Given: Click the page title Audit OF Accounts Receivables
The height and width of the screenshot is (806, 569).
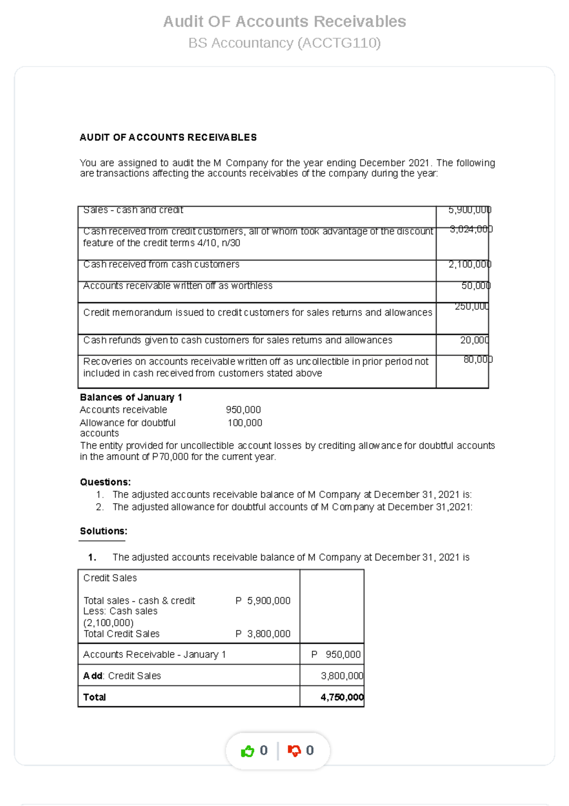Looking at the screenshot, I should (x=284, y=21).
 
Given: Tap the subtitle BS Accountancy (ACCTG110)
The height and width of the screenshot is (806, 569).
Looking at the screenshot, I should (x=284, y=43).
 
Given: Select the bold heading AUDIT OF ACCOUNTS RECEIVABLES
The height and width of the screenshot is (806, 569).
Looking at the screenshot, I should (x=168, y=138).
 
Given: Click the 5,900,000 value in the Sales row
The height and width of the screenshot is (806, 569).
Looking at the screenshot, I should (x=469, y=210).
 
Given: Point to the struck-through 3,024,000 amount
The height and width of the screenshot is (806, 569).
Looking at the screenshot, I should (x=471, y=229).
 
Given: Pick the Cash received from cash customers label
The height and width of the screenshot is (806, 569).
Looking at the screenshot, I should (x=161, y=264).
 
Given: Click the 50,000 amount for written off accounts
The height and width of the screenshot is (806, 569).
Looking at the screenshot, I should (x=476, y=286).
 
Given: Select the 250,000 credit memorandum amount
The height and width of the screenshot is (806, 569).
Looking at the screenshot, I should (x=471, y=307).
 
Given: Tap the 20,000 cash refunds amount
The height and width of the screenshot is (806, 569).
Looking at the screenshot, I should (x=474, y=340).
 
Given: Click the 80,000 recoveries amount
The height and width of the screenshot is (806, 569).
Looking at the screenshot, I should (x=477, y=360).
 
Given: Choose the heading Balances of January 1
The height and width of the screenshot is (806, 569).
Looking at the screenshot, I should (x=131, y=397).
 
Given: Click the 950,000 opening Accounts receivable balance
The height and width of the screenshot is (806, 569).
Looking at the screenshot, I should (x=243, y=410).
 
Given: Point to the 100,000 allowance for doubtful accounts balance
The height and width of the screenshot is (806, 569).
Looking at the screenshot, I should (x=245, y=423).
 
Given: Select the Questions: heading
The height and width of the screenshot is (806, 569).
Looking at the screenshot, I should (x=105, y=482).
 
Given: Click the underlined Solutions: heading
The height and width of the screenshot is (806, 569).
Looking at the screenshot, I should (x=103, y=531).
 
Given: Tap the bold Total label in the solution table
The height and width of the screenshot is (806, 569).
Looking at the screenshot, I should (x=94, y=697).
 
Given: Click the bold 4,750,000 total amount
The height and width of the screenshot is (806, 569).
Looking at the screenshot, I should (x=342, y=697).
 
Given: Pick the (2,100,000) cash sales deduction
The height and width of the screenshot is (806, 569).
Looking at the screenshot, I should (x=109, y=623).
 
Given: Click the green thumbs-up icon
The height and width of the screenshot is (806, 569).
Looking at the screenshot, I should (x=248, y=751).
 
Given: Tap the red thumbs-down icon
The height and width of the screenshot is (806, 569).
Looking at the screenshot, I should (x=294, y=751).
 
